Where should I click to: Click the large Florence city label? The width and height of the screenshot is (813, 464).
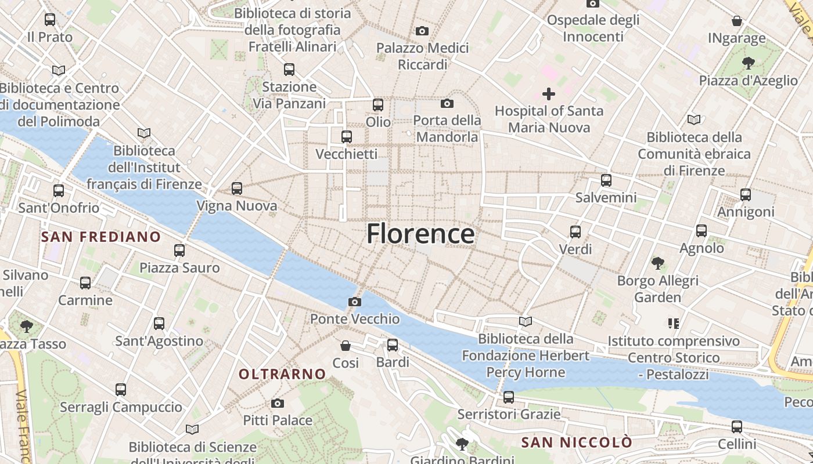(x=420, y=234)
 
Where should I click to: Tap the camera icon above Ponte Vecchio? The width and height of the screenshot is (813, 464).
(x=354, y=302)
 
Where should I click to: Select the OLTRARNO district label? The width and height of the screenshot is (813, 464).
(x=282, y=374)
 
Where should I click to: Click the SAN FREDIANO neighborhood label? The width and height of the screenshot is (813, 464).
(x=101, y=237)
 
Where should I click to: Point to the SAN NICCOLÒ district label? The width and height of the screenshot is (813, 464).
(x=577, y=443)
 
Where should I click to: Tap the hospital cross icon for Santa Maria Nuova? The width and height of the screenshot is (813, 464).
(x=548, y=93)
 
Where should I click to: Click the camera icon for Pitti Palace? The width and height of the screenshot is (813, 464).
(x=278, y=403)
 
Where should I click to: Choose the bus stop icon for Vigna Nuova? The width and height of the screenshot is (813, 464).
(x=236, y=188)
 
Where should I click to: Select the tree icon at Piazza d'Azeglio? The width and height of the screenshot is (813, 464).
(x=749, y=63)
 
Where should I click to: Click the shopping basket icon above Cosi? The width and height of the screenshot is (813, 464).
(x=346, y=346)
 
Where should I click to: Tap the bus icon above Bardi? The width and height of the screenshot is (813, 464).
(x=393, y=345)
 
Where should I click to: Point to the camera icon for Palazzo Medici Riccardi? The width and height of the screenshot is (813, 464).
(x=422, y=31)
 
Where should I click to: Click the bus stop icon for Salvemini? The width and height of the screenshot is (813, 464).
(x=606, y=180)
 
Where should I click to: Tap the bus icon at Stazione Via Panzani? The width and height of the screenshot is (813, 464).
(x=289, y=70)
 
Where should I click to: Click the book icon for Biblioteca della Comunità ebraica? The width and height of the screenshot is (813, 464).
(x=694, y=119)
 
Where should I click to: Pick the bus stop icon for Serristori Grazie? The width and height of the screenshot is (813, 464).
(x=509, y=397)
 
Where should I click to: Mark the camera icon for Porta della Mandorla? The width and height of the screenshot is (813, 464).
(x=447, y=103)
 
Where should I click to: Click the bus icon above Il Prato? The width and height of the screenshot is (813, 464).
(x=50, y=20)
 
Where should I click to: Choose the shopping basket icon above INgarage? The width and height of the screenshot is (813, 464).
(x=737, y=21)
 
